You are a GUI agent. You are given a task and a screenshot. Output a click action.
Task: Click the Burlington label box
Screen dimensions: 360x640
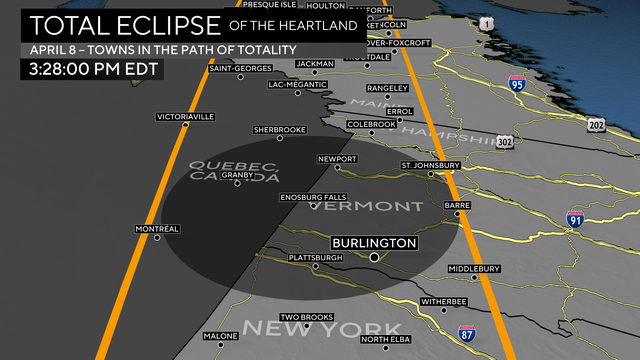point(374,243)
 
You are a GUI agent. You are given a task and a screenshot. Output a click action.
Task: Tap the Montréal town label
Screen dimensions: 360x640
point(157,229)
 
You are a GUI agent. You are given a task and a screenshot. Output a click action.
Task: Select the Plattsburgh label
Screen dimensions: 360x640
point(315,258)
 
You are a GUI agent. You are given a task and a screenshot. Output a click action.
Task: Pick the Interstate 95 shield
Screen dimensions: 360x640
point(517,85)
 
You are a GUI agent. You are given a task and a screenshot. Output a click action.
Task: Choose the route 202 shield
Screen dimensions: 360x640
point(597,124)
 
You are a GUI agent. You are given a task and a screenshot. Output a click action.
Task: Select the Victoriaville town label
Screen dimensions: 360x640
point(186,117)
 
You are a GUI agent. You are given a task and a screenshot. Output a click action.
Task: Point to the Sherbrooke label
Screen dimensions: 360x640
point(279,130)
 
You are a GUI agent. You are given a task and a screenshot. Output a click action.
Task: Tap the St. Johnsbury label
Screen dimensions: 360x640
point(430,165)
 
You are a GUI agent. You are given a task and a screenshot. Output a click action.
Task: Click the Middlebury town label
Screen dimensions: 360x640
point(473,269)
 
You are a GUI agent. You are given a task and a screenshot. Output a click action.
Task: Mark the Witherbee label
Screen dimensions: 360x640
point(444,301)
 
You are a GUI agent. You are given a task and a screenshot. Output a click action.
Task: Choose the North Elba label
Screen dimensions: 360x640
point(387,339)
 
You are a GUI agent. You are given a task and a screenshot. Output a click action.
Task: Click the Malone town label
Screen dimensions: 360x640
point(220,335)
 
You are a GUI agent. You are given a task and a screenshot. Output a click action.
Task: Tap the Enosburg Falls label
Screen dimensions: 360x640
point(313,197)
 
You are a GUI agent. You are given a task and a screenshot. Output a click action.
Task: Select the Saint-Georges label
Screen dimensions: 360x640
point(240,69)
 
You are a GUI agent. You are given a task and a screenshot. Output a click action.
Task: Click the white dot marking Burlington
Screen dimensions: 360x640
point(374,257)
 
